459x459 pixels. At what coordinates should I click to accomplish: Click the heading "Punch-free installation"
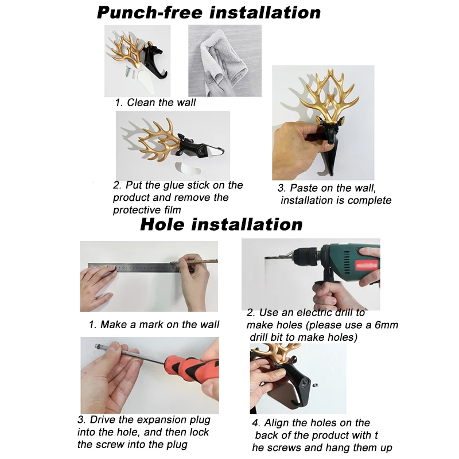[209, 13]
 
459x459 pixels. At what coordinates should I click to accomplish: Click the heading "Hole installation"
[221, 224]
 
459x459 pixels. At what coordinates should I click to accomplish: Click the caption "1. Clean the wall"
[155, 103]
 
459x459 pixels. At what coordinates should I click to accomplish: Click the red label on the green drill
[367, 266]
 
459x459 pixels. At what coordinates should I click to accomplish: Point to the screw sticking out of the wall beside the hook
[315, 386]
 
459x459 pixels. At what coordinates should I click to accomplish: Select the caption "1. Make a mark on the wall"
[154, 325]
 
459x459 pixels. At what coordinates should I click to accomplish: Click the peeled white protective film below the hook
[188, 167]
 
